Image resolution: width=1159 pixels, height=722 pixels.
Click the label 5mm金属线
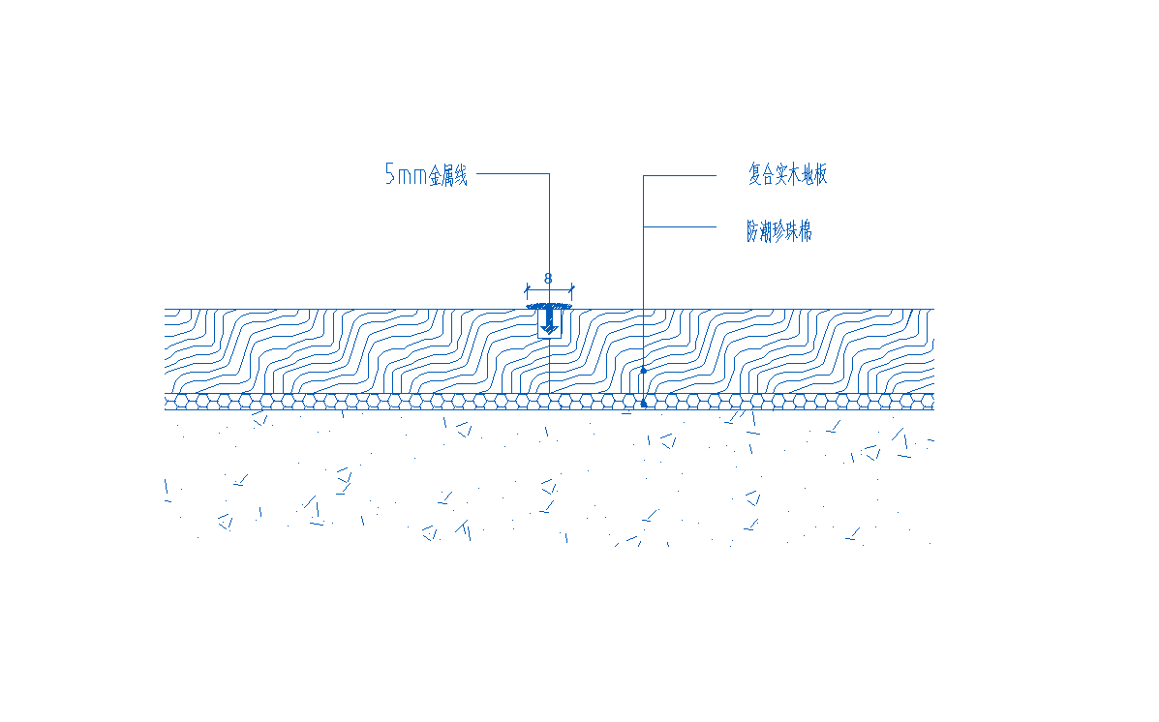(x=426, y=175)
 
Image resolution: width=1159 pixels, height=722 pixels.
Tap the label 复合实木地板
(x=787, y=174)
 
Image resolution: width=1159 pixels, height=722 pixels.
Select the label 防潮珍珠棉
(x=779, y=231)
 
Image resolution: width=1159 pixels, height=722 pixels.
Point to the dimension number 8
(x=548, y=279)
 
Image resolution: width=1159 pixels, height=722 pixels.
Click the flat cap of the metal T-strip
(x=549, y=306)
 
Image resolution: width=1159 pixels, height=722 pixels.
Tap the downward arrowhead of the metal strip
(x=549, y=327)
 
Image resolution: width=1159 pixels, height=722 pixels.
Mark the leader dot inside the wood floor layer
(x=643, y=371)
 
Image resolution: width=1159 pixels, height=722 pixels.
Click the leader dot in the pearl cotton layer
(x=643, y=404)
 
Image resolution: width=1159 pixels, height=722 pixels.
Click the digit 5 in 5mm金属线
(x=390, y=174)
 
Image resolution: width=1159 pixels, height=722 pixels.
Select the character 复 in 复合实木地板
(x=754, y=174)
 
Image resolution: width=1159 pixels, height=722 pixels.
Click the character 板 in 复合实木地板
(x=820, y=174)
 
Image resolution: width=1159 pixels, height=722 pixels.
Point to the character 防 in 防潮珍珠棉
(x=752, y=231)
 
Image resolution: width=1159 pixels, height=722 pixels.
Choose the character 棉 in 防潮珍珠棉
(x=806, y=231)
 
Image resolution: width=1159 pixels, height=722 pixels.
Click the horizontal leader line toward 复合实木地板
(x=680, y=176)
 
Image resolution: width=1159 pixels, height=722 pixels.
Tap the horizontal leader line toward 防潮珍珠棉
(x=680, y=226)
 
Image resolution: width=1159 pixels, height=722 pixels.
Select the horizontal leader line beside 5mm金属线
(x=513, y=173)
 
